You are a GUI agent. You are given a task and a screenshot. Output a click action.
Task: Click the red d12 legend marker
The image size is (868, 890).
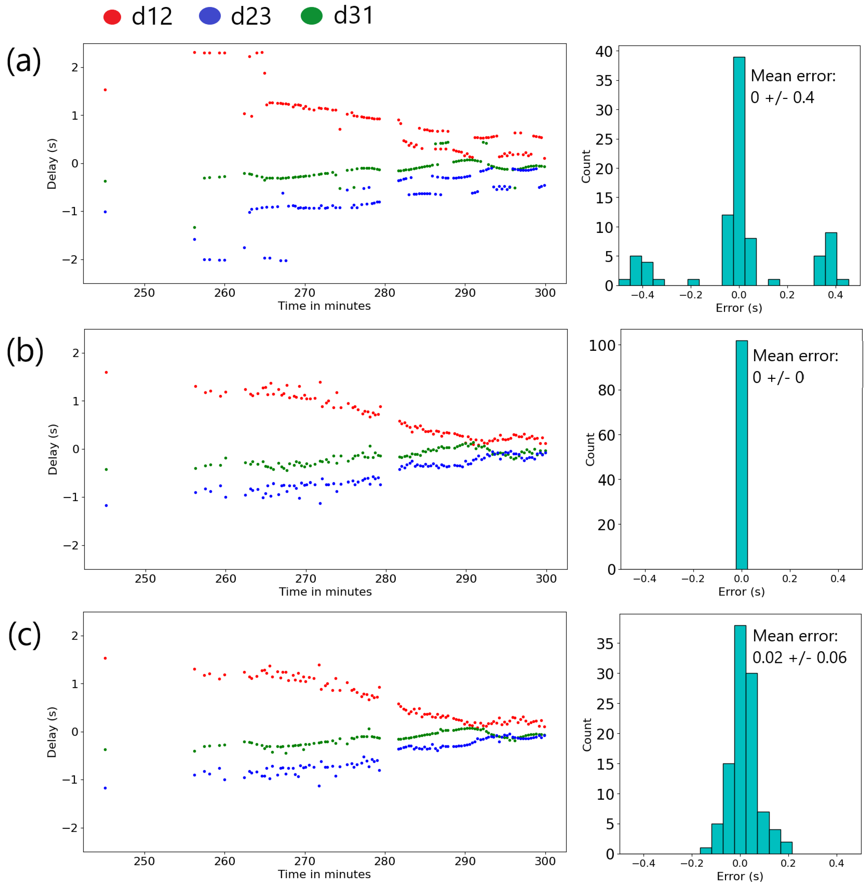[x=112, y=17]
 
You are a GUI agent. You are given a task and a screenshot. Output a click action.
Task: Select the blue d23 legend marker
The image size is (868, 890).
[x=210, y=16]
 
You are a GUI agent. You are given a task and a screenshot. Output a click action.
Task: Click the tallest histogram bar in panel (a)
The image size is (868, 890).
[x=739, y=171]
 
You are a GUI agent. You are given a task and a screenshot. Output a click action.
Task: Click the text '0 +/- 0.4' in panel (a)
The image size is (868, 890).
[x=782, y=98]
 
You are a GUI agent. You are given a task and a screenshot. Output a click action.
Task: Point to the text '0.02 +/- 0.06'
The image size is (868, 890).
[x=799, y=658]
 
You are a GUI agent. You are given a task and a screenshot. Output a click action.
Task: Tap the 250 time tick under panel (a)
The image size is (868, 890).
[x=144, y=293]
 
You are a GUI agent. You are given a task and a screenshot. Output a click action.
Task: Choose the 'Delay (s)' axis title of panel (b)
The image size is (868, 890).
[x=53, y=449]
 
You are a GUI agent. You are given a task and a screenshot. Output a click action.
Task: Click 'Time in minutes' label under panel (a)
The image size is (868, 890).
[x=324, y=306]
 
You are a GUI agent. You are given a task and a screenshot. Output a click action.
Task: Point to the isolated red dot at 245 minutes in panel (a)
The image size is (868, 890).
[x=105, y=90]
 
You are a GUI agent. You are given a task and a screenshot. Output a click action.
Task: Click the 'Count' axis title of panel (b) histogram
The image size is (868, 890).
[x=590, y=449]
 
